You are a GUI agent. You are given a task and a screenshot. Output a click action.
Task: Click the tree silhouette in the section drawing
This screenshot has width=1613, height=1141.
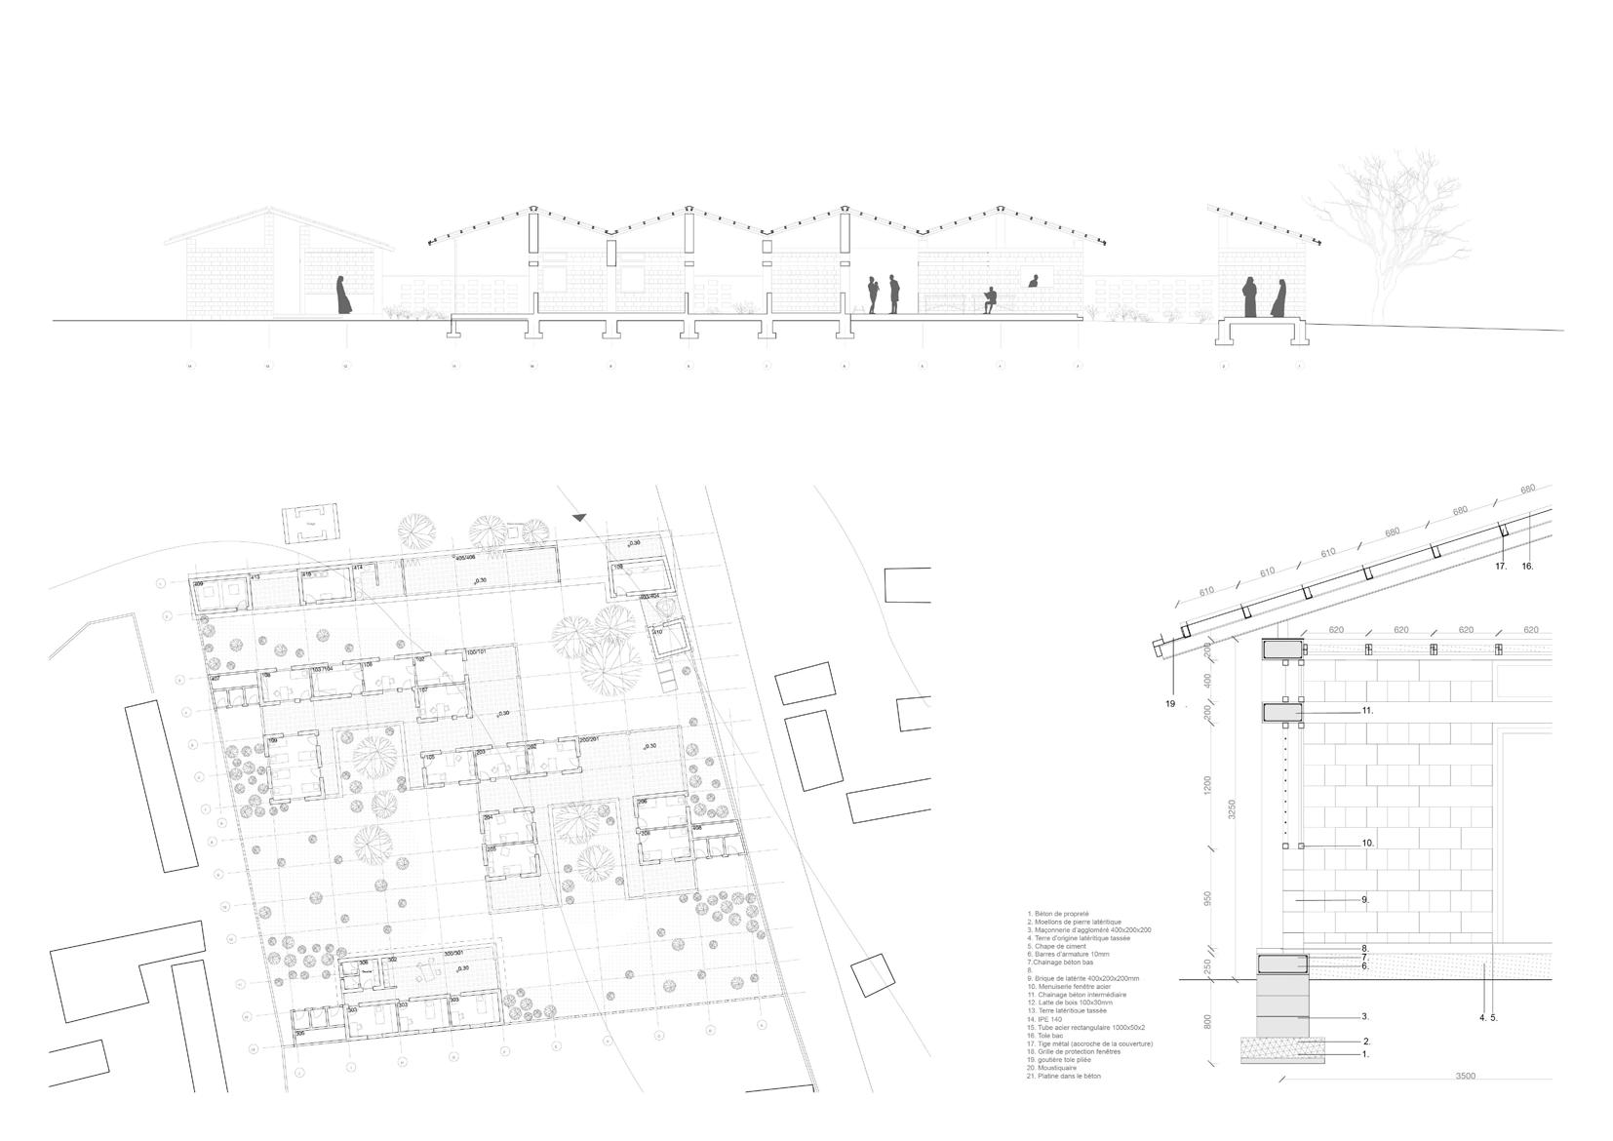tap(1390, 234)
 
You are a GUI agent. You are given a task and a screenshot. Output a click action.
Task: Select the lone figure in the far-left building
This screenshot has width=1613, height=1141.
tap(342, 295)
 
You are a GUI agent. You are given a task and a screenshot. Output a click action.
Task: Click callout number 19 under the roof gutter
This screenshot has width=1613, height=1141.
tap(1170, 703)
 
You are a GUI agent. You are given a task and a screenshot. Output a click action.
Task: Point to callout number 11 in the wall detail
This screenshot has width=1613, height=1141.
tap(1367, 711)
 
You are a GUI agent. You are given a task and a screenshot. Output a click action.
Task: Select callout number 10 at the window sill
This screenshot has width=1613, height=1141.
tap(1367, 843)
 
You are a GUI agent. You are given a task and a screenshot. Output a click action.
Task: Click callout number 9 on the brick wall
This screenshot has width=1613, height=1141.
tap(1365, 899)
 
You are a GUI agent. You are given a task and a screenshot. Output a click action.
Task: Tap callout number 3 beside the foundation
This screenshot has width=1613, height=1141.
tap(1365, 1016)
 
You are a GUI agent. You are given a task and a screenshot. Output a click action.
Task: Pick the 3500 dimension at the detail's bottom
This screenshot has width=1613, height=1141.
tap(1465, 1076)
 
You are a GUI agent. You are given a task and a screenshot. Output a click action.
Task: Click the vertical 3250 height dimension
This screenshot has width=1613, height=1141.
tap(1232, 808)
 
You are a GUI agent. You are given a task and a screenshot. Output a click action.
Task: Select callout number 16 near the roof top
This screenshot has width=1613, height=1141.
tap(1527, 566)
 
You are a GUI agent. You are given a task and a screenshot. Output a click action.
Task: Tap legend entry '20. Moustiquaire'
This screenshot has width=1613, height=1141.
tap(1057, 1068)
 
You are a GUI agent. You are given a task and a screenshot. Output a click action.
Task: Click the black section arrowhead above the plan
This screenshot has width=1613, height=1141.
tap(581, 518)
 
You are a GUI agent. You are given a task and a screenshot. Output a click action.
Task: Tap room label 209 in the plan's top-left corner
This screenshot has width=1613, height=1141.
tap(199, 583)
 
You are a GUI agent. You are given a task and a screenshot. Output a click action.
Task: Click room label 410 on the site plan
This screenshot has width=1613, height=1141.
tap(656, 632)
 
